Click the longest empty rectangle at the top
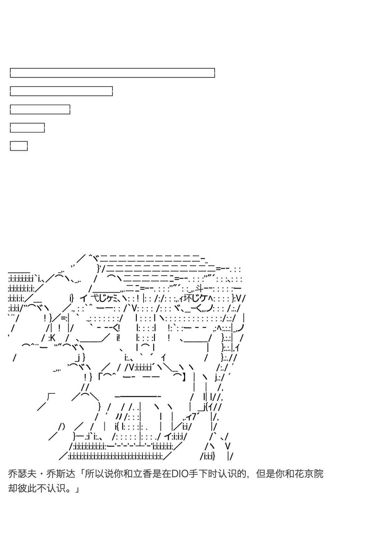(112, 73)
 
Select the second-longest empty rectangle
(61, 91)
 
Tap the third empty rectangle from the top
(40, 109)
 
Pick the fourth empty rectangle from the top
(27, 127)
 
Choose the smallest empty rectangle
(19, 146)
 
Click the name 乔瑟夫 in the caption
(22, 474)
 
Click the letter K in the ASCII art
(53, 338)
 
